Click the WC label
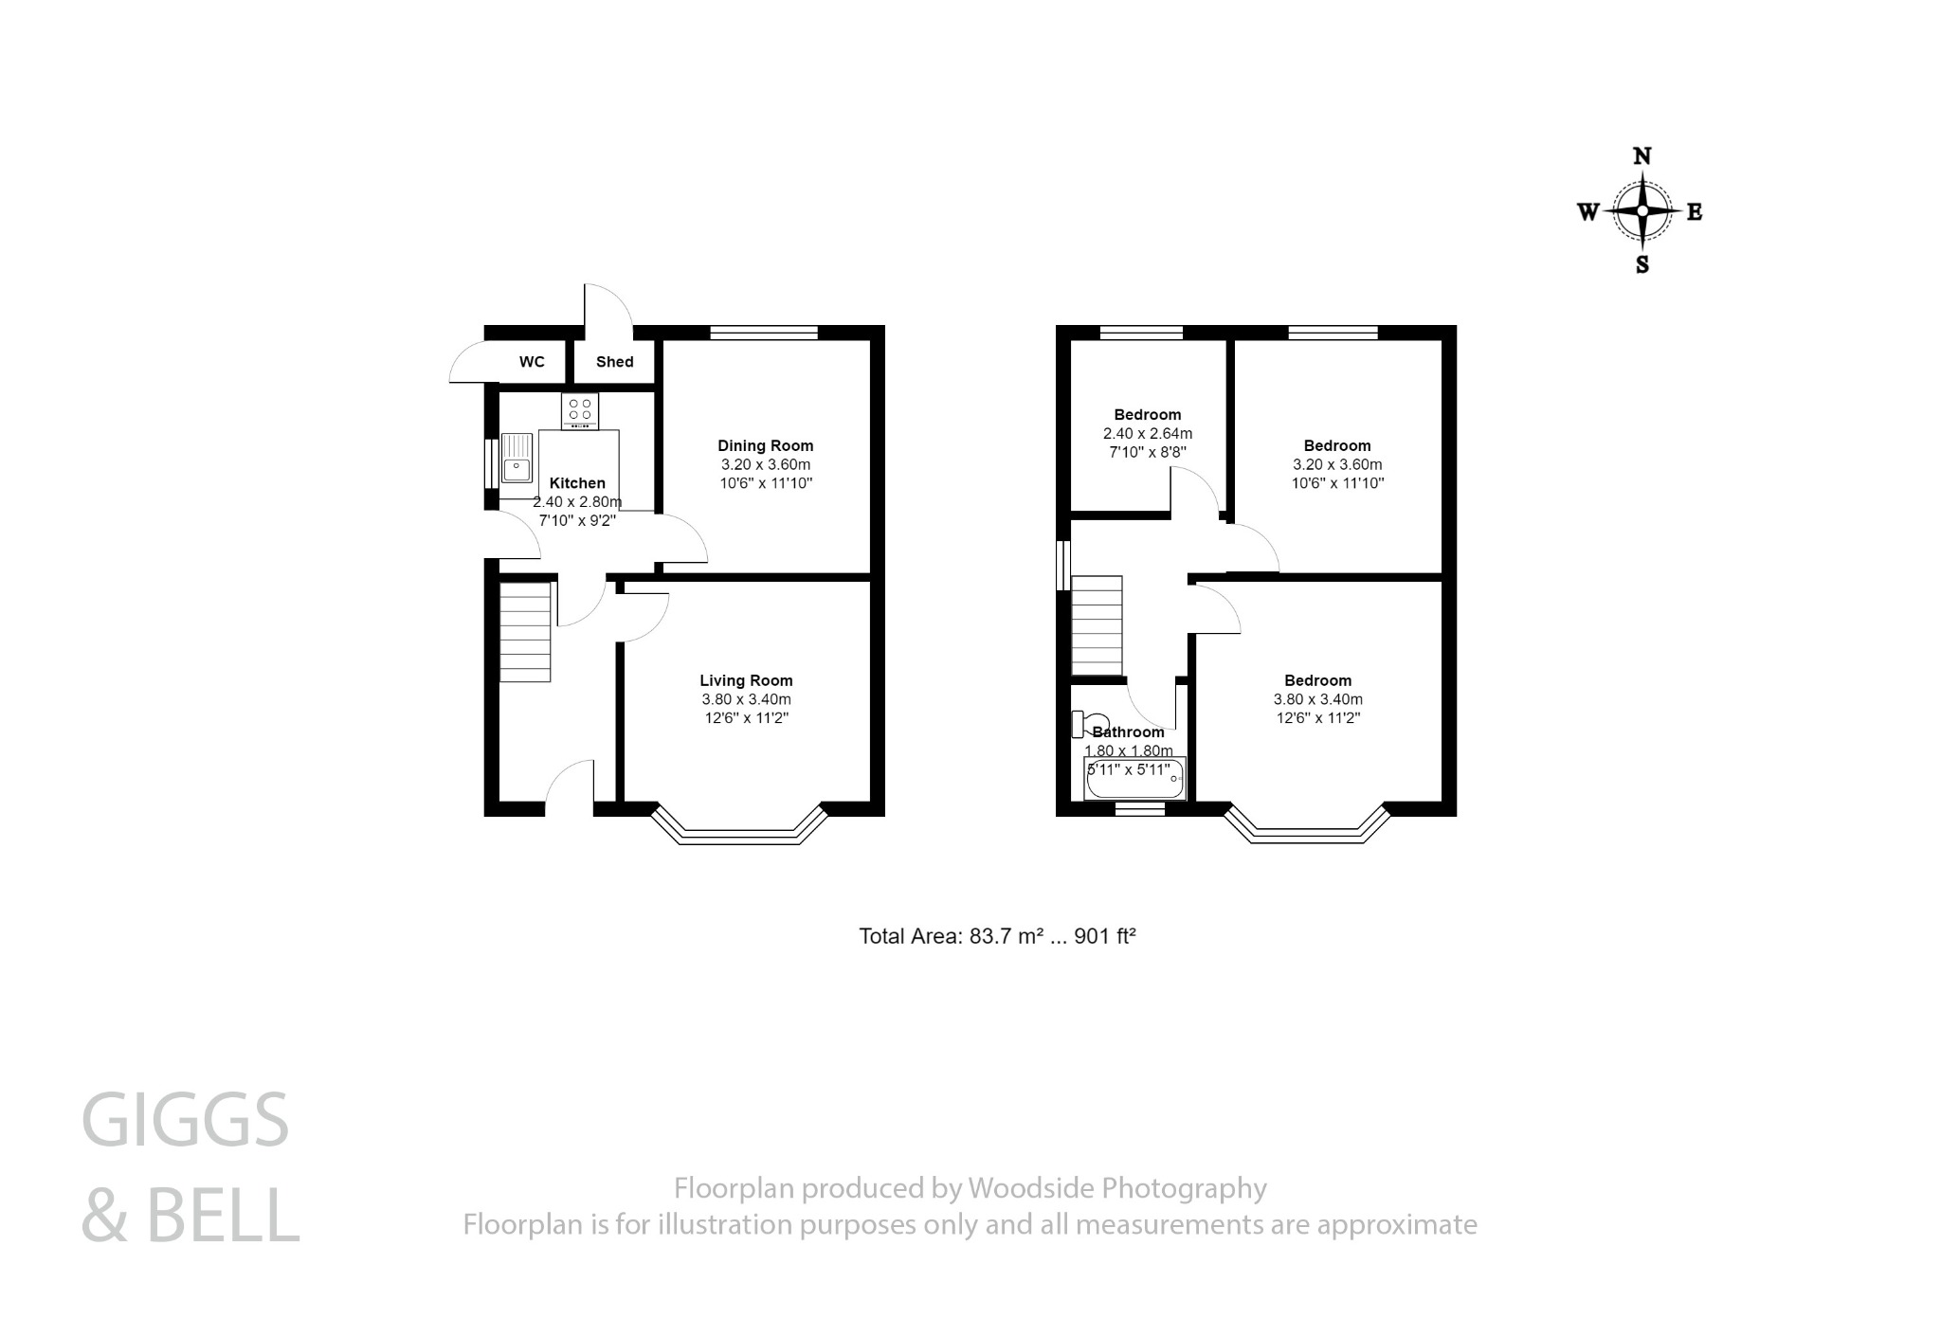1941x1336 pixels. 532,362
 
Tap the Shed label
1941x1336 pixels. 614,362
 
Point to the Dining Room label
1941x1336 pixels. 765,445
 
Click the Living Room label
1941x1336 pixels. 746,680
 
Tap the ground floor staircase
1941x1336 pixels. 525,632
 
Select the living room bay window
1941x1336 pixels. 740,831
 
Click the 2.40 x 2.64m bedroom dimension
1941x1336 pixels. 1147,434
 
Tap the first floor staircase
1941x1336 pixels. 1097,625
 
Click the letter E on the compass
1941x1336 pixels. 1695,212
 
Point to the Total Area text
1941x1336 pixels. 997,937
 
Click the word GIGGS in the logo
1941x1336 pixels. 186,1121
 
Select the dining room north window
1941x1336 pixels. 764,333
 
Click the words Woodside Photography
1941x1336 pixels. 1116,1188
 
